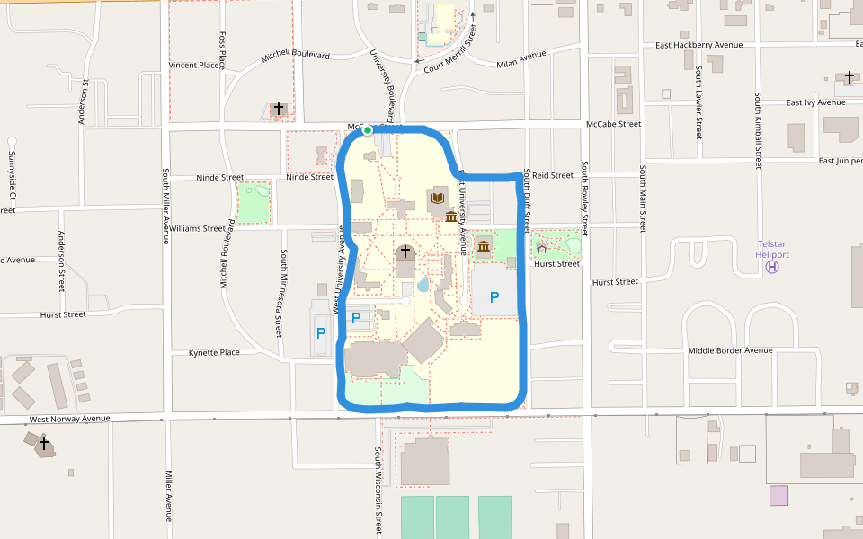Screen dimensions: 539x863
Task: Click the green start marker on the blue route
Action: [368, 130]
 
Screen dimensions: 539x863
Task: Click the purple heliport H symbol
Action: [772, 267]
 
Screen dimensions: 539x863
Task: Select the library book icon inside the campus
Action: [439, 198]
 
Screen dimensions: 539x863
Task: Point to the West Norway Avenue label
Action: [69, 419]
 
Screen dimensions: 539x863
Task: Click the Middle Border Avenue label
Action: [730, 350]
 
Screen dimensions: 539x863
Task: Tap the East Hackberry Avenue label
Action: [698, 45]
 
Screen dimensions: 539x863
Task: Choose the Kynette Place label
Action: [214, 353]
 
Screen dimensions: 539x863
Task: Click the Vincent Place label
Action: [196, 66]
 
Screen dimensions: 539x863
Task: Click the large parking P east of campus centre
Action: [494, 297]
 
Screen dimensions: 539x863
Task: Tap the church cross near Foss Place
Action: [279, 109]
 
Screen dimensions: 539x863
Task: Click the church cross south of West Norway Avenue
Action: [43, 444]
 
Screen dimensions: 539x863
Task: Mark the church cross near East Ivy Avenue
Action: [850, 78]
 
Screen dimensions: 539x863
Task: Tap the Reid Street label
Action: [553, 176]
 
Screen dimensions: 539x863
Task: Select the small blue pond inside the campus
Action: [423, 286]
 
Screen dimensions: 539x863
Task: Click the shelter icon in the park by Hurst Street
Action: [541, 245]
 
